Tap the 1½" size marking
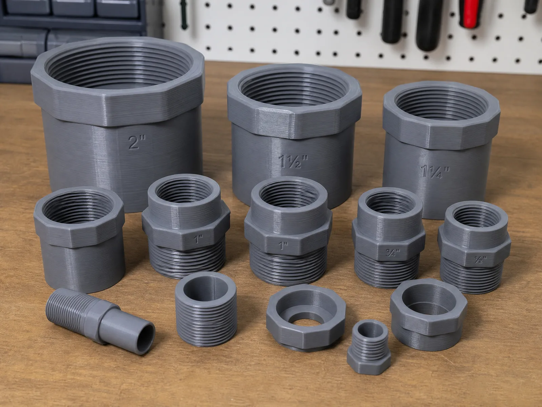293,161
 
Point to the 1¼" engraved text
435,172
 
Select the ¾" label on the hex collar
393,253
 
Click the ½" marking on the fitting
480,259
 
